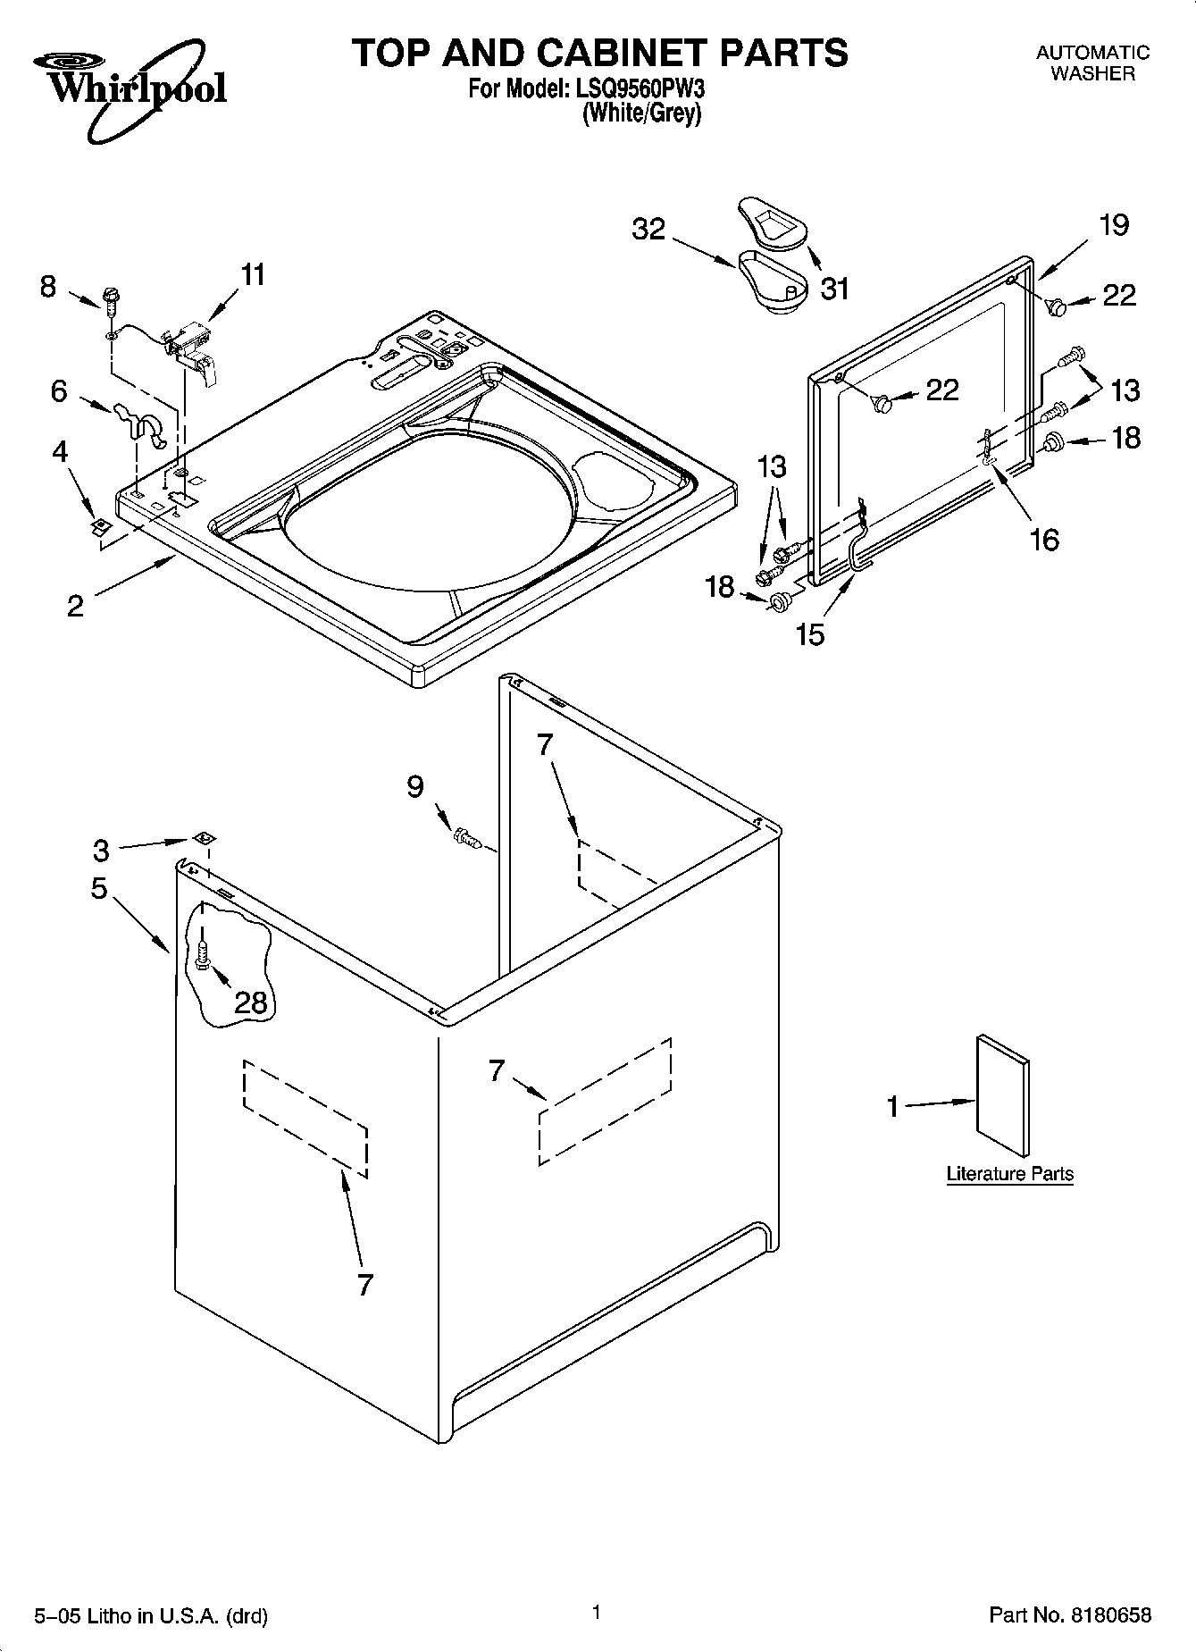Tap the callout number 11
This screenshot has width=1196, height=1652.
(254, 275)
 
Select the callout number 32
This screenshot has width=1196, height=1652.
(648, 230)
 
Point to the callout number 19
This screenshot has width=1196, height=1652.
(1114, 225)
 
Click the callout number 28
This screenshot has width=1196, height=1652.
(251, 1002)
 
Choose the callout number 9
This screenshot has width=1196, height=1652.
(415, 786)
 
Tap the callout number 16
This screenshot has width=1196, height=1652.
(1043, 539)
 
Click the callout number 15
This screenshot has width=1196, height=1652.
(811, 634)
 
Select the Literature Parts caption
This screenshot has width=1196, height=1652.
(1009, 1174)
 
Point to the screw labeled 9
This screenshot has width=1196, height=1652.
(467, 837)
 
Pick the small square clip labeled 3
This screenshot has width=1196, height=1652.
(204, 838)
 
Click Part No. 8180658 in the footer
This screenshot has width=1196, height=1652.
(1069, 1614)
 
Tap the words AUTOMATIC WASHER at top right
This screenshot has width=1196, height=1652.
(1091, 63)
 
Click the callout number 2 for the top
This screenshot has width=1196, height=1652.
(76, 606)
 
